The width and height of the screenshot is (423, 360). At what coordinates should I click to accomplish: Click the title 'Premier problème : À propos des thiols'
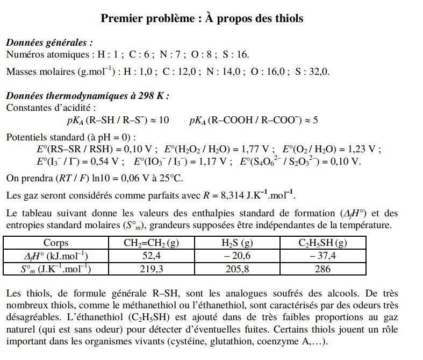(x=202, y=18)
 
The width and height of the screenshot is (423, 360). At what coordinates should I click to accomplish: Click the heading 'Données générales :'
(x=49, y=43)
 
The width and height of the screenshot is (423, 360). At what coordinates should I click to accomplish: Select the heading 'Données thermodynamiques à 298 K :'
(x=88, y=96)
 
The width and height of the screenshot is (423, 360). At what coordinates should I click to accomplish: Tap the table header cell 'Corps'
(x=55, y=243)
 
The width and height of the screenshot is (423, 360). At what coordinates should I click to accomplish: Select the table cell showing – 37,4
(x=322, y=256)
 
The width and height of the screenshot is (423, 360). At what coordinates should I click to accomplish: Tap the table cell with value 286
(x=322, y=269)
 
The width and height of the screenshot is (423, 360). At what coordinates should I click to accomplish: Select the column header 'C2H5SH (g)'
(x=322, y=243)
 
